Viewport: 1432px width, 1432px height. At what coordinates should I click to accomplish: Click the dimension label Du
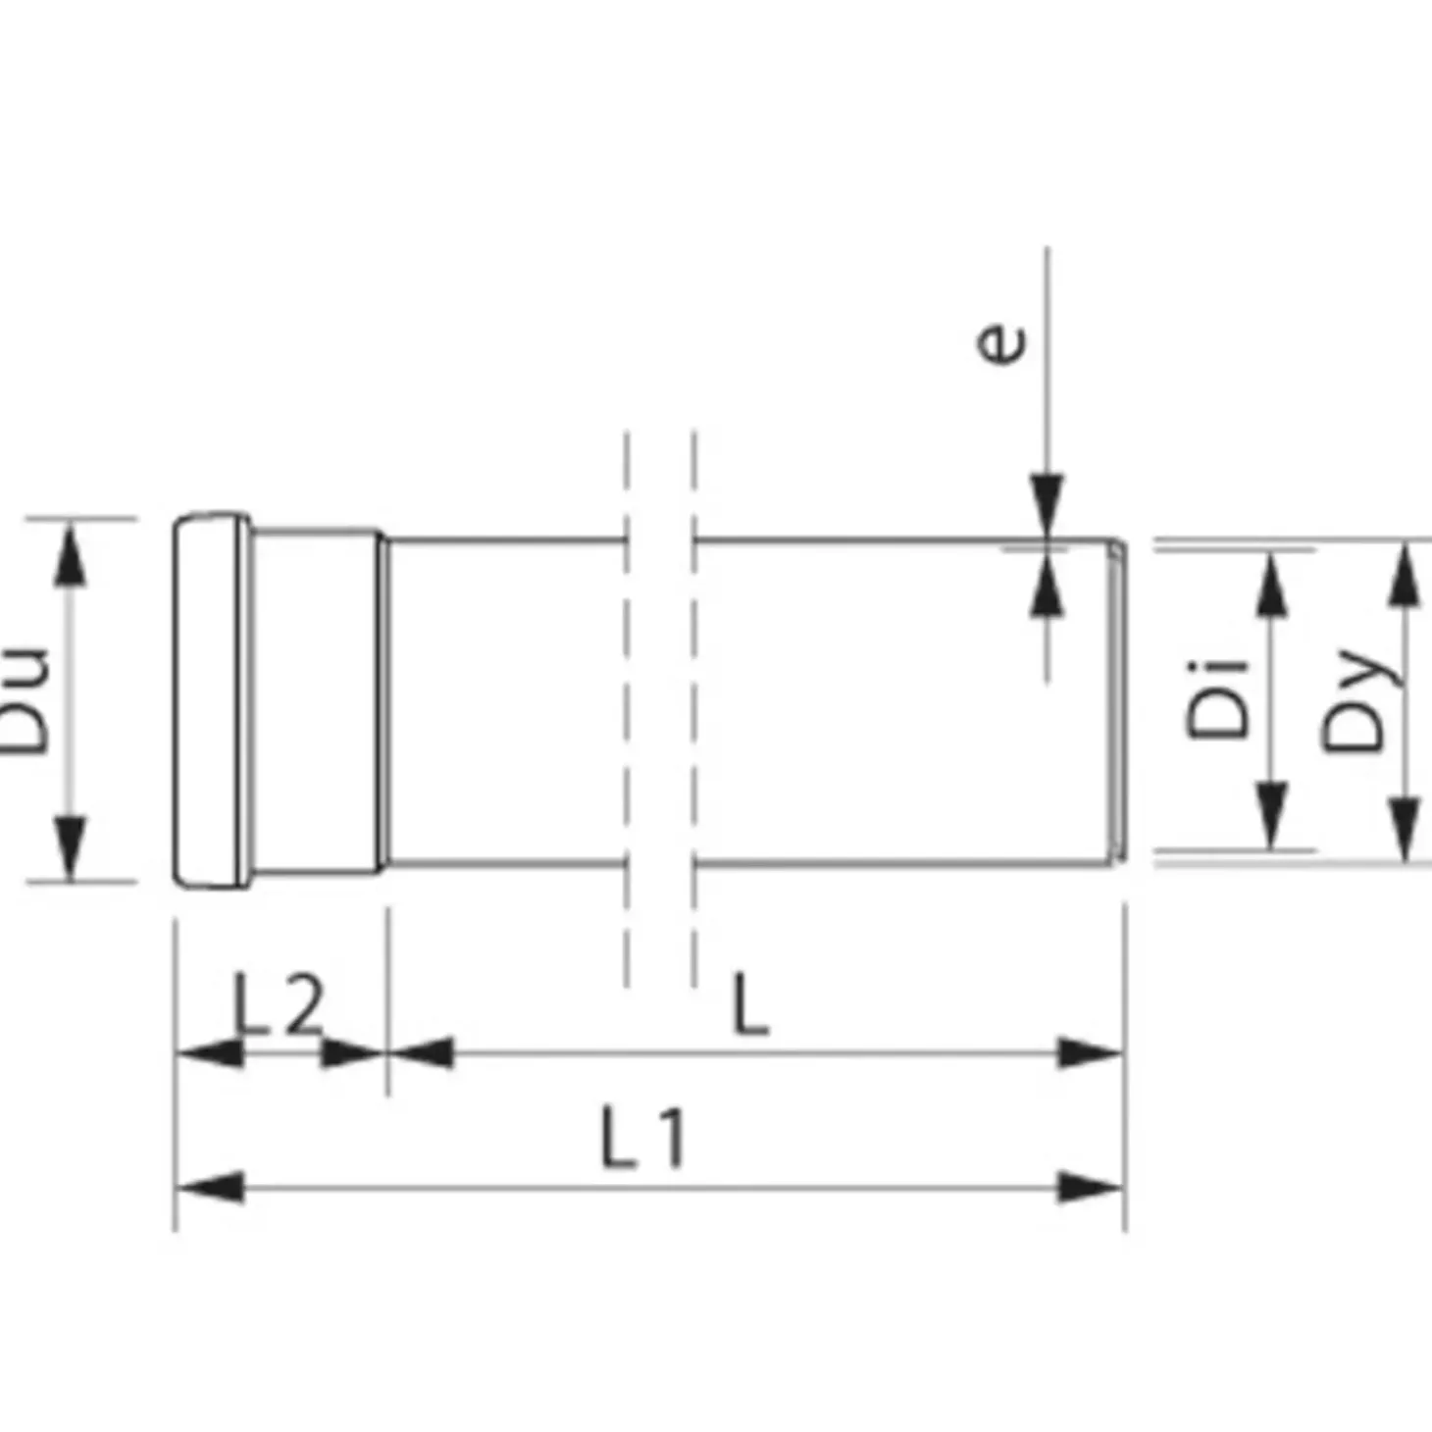click(24, 700)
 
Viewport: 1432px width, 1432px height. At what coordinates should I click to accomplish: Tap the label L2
click(278, 1004)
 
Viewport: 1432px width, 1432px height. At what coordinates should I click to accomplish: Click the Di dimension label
click(1217, 699)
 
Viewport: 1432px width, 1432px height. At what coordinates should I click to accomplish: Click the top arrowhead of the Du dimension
click(70, 553)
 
